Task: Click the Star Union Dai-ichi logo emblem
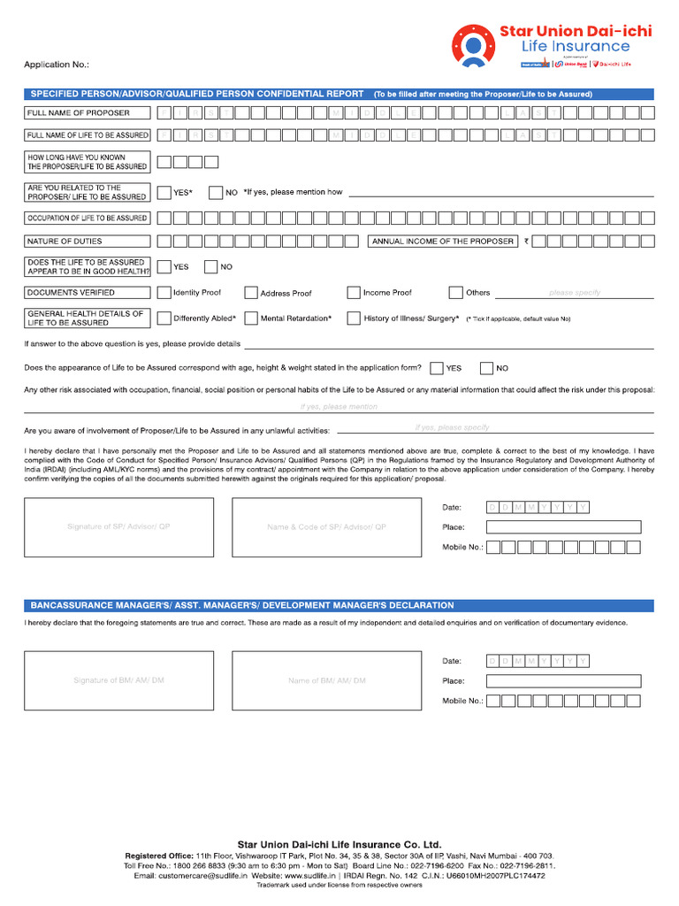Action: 473,47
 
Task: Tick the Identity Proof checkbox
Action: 164,293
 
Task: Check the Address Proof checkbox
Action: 251,293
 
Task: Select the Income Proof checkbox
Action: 354,293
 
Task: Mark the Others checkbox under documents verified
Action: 456,293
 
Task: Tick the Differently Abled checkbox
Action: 164,319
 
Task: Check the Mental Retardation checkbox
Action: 251,319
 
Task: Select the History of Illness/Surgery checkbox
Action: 354,319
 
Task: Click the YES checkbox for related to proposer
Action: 164,192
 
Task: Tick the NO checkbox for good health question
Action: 210,266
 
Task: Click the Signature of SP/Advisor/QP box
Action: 118,527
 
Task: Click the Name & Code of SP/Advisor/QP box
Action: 326,527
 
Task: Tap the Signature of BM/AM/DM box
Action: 118,680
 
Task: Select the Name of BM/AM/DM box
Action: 326,680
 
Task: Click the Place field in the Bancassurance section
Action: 563,680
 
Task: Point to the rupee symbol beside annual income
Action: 526,241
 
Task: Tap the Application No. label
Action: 57,65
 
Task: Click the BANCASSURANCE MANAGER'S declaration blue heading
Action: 242,605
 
